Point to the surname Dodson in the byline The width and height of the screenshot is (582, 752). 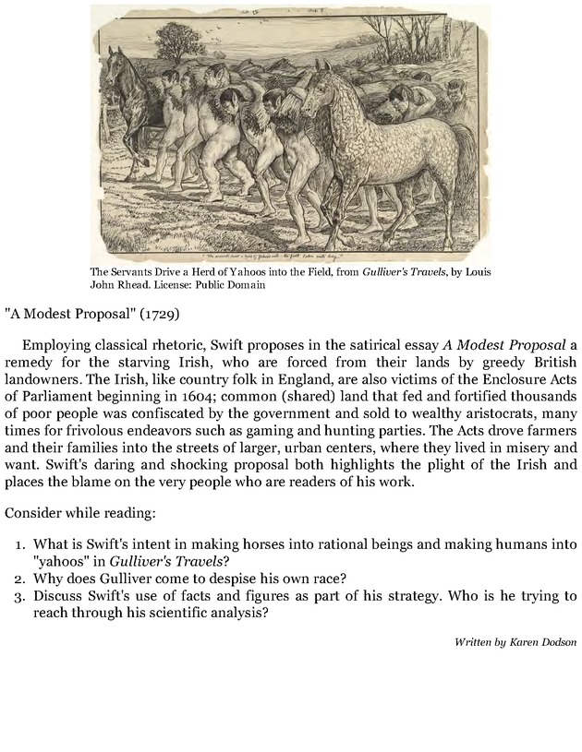(x=556, y=640)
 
